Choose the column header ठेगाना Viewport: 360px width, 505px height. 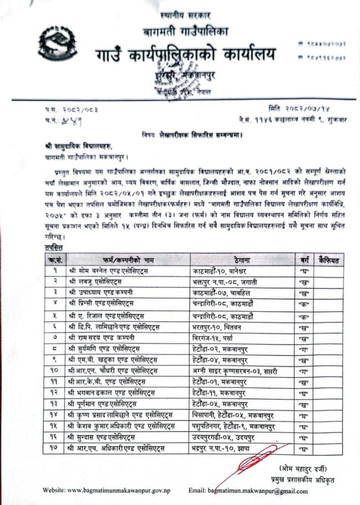[x=242, y=259]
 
